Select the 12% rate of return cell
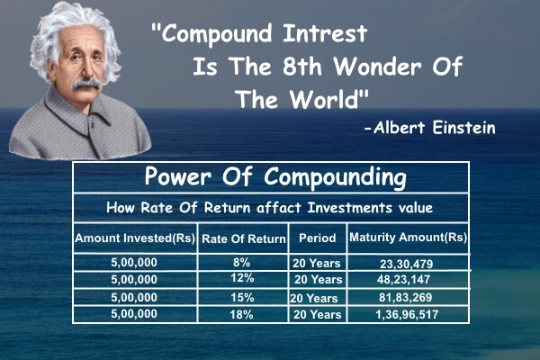(242, 279)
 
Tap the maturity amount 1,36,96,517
(407, 315)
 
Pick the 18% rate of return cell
(242, 315)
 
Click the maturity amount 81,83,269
(407, 297)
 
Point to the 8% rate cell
(242, 262)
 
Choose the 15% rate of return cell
(242, 297)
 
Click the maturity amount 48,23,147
(407, 280)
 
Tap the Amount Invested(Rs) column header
(135, 238)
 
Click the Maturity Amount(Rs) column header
(408, 238)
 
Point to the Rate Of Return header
(242, 238)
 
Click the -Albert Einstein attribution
(429, 128)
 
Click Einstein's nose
(85, 70)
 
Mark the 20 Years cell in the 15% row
(316, 297)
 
